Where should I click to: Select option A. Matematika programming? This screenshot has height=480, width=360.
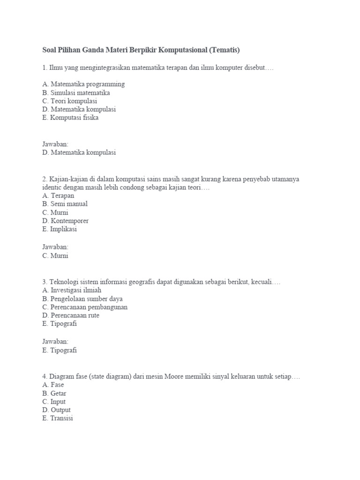pos(83,84)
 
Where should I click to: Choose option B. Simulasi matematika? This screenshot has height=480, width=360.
pos(76,93)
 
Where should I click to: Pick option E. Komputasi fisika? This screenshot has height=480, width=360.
pos(70,118)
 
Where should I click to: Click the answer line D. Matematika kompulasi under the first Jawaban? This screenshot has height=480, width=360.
pos(79,152)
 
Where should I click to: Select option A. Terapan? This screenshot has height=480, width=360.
pos(58,195)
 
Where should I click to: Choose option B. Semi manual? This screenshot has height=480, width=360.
pos(65,204)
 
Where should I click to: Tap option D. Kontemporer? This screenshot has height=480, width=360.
pos(65,221)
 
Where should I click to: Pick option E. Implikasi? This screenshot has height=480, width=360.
pos(60,229)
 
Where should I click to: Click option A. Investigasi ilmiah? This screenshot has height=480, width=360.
pos(72,291)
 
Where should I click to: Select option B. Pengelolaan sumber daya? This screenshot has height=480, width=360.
pos(82,299)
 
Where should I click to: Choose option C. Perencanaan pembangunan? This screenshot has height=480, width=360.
pos(84,307)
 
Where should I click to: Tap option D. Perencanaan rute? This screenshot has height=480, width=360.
pos(70,316)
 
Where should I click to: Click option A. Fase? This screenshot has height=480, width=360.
pos(53,385)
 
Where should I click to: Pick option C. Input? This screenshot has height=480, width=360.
pos(54,402)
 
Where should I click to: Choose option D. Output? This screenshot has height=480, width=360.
pos(56,410)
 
